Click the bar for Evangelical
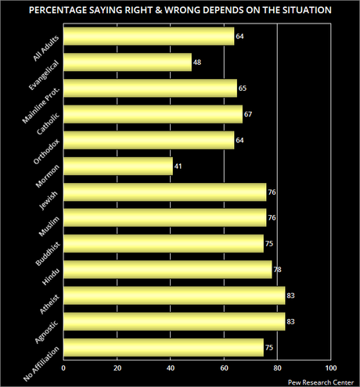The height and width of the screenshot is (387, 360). (x=128, y=63)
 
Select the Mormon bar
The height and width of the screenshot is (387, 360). (x=117, y=166)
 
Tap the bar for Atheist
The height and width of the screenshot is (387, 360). (x=174, y=296)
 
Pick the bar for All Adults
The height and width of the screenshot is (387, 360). (x=149, y=37)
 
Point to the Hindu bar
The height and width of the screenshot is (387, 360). (x=167, y=270)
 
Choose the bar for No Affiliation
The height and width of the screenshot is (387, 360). (x=163, y=347)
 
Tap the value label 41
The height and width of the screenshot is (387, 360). (x=178, y=167)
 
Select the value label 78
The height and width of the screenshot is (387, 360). (x=279, y=271)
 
